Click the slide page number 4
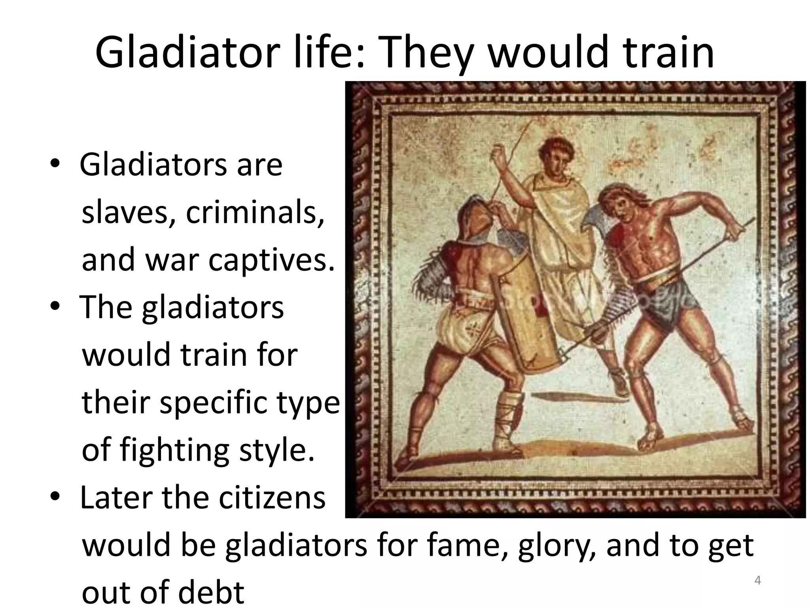[x=758, y=581]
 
